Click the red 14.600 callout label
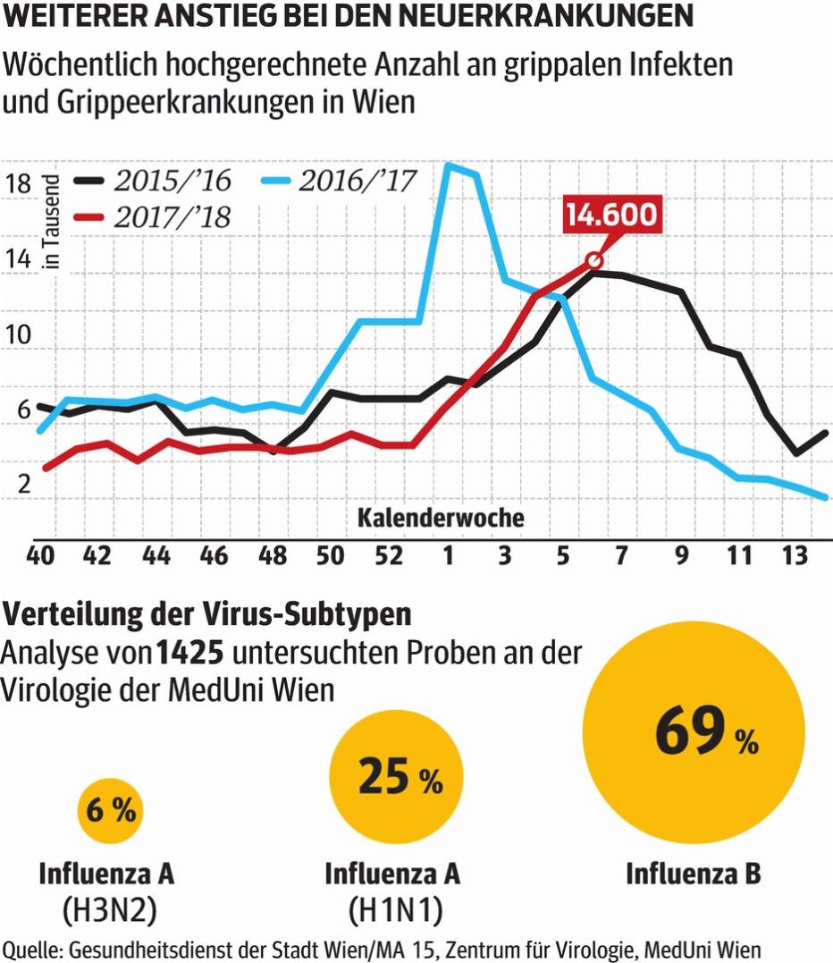613,215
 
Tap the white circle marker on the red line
593,260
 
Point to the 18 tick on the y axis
18,183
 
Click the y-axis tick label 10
18,335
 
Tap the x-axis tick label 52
388,556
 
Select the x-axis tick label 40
41,556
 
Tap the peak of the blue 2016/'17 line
450,165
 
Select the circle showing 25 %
396,775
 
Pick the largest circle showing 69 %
693,732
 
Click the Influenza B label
693,874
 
